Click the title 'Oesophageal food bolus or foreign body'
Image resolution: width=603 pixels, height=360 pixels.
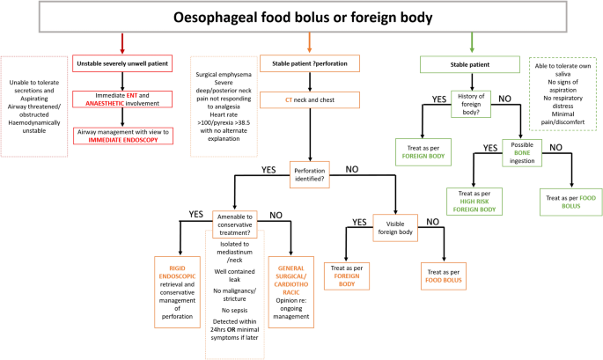pyautogui.click(x=301, y=17)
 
